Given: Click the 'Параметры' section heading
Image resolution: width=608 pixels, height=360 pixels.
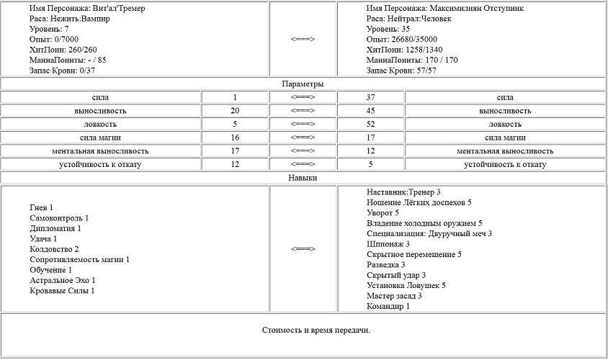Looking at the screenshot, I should [303, 84].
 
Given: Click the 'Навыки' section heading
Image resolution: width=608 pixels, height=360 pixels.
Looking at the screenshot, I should [303, 177].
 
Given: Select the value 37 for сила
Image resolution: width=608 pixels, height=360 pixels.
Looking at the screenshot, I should [371, 97].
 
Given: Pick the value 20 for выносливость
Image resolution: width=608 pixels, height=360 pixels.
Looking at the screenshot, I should [235, 111].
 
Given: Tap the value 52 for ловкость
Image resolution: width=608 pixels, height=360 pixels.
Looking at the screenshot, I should [371, 125].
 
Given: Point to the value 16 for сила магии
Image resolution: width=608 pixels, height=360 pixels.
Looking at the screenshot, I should [235, 138].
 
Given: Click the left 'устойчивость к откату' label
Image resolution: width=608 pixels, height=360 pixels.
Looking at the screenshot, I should [101, 164].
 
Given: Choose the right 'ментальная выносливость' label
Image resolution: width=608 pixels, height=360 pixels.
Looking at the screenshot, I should [504, 151].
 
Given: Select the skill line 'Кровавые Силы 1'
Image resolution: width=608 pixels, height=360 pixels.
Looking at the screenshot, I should [62, 291].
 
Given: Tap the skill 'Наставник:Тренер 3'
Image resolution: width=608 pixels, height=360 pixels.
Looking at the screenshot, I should [403, 192].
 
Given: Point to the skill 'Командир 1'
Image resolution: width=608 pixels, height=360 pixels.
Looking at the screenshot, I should [388, 306].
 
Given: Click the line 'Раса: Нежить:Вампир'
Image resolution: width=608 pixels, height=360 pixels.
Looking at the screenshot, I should [69, 19].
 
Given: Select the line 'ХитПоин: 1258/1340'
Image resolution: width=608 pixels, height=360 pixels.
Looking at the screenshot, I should [405, 50].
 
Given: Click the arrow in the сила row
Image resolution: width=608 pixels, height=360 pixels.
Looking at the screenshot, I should [303, 97].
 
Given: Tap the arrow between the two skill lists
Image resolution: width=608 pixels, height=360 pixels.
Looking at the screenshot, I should [303, 249].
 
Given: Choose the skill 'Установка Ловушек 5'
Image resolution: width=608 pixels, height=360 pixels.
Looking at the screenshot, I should [406, 285].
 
